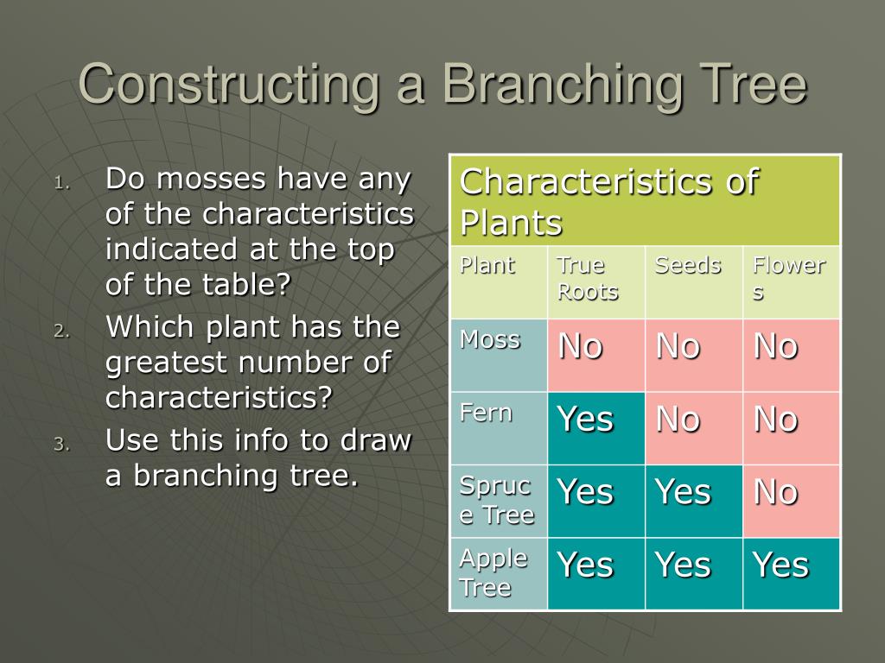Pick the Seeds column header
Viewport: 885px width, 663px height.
point(687,266)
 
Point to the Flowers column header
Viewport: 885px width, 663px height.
point(789,278)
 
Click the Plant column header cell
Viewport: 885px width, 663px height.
point(487,266)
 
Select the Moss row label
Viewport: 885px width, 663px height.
point(490,340)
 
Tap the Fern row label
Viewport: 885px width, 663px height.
point(486,414)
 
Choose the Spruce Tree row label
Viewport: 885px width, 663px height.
point(496,501)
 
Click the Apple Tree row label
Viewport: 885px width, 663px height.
point(493,573)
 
